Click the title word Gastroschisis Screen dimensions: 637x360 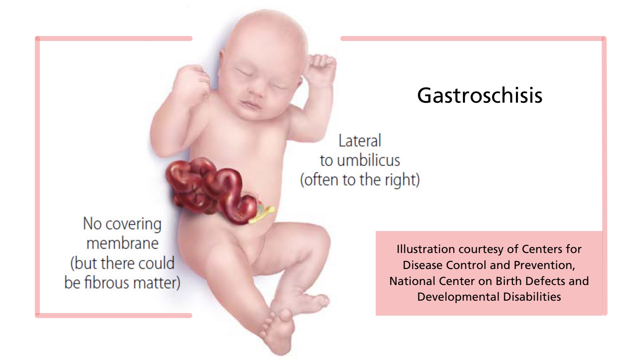coord(479,96)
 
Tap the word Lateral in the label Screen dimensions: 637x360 coord(360,141)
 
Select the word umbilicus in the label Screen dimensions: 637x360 coord(368,160)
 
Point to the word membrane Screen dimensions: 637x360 coord(122,243)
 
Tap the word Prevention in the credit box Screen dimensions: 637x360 coord(544,265)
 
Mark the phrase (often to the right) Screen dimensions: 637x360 coord(360,180)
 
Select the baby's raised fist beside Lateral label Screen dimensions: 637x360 coord(320,68)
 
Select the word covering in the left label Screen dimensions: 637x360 coord(133,224)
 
